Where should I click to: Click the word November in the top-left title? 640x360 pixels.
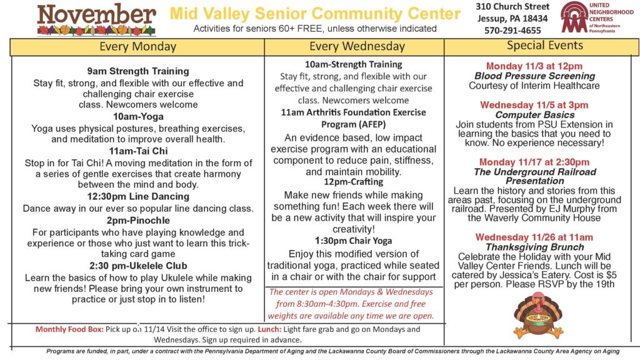point(97,15)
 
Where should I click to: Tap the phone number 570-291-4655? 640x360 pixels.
point(512,31)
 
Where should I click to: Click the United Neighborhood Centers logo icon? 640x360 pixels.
point(574,17)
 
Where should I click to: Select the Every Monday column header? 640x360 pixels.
point(138,47)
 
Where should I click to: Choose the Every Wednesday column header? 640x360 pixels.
point(357,46)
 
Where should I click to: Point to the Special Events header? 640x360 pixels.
point(545,45)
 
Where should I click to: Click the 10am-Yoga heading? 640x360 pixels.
point(138,117)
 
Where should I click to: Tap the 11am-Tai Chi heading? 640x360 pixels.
point(138,151)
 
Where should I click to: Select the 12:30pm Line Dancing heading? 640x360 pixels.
point(138,196)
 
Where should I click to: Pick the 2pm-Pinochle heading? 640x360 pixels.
point(138,221)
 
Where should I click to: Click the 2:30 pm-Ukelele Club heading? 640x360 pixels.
point(138,266)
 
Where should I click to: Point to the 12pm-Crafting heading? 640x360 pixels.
point(354,182)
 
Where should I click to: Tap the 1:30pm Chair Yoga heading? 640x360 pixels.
point(354,241)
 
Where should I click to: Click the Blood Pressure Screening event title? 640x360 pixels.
point(535,76)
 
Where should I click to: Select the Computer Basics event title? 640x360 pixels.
point(535,115)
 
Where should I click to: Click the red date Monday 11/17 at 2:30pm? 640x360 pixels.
point(534,162)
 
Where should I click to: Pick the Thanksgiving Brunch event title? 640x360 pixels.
point(535,247)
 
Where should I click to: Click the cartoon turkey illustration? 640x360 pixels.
point(537,315)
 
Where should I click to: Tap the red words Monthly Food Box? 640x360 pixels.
point(69,329)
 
